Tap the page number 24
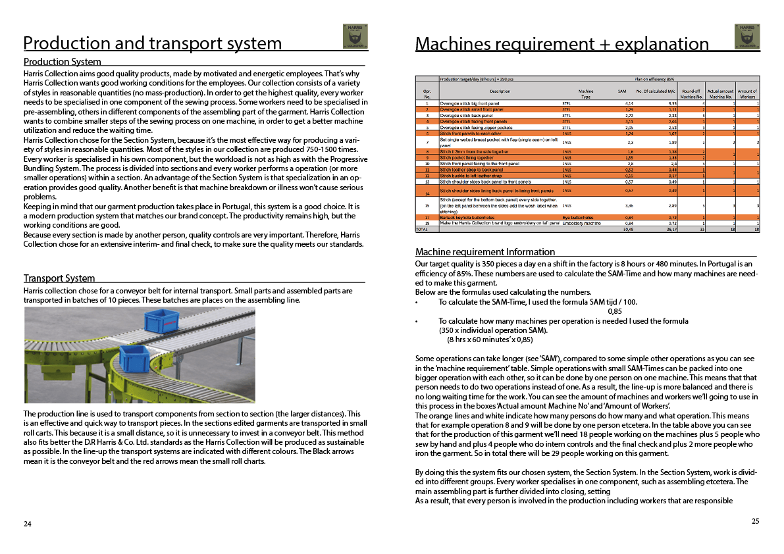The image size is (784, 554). (27, 524)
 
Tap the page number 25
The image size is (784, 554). (755, 521)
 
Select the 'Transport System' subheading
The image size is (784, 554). (59, 278)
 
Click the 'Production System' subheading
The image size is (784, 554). (63, 62)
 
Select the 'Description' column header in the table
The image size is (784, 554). (500, 91)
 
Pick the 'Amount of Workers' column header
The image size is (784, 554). (747, 94)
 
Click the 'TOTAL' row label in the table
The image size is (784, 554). (421, 229)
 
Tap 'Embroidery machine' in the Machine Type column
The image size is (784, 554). (581, 224)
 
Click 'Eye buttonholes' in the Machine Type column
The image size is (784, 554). (578, 217)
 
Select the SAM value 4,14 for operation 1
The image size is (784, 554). (629, 103)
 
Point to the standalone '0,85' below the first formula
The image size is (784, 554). (614, 312)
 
